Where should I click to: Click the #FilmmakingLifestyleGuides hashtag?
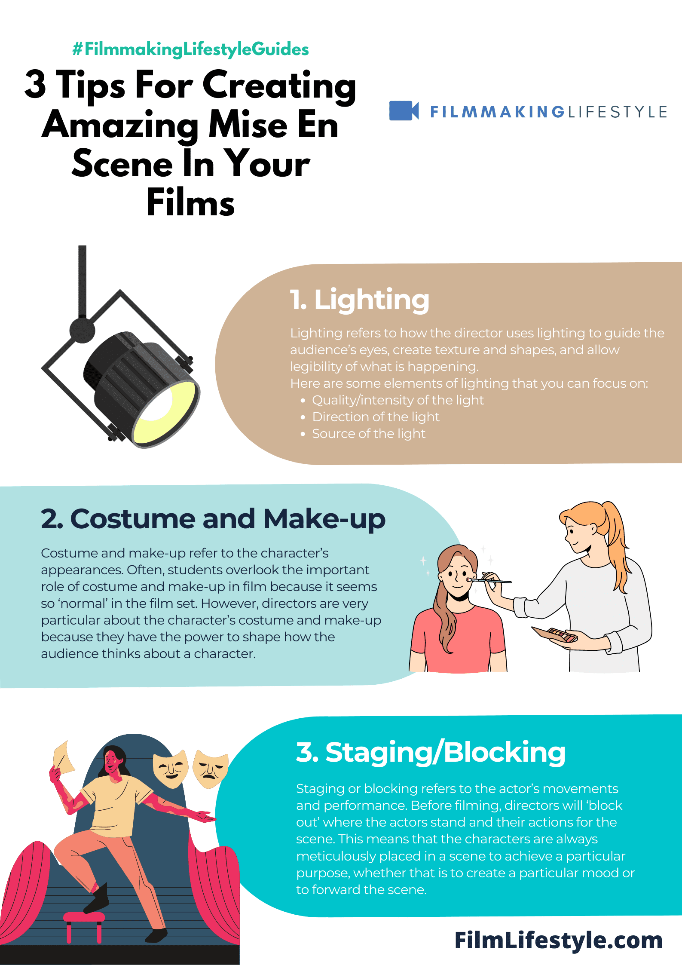(190, 49)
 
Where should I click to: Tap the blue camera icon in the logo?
(404, 111)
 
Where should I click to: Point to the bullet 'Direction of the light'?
(376, 417)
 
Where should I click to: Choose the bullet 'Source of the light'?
(369, 434)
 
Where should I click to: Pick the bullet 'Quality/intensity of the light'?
(398, 400)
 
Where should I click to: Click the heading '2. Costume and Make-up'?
(213, 519)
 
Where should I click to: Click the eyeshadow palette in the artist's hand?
(554, 634)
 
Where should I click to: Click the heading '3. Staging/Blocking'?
(431, 752)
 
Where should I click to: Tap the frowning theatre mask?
(210, 769)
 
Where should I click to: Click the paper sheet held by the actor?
(64, 757)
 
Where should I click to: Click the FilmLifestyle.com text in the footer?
(559, 940)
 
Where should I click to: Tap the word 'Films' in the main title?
(190, 202)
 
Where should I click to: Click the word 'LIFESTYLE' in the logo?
(618, 112)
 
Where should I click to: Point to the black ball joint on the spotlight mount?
(83, 331)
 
